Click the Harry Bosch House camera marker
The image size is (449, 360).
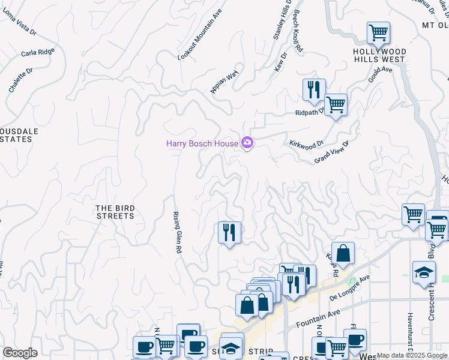coord(247,143)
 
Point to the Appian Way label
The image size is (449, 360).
coord(224,82)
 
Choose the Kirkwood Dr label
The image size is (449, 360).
coord(306,144)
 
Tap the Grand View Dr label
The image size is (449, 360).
coord(331,152)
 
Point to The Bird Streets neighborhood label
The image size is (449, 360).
coord(115,212)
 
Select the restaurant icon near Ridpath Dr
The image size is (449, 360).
coord(314,89)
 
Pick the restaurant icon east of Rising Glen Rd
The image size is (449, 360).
coord(229,232)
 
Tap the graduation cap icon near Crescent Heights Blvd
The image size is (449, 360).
coord(424,271)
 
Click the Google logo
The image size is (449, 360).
coord(20,353)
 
